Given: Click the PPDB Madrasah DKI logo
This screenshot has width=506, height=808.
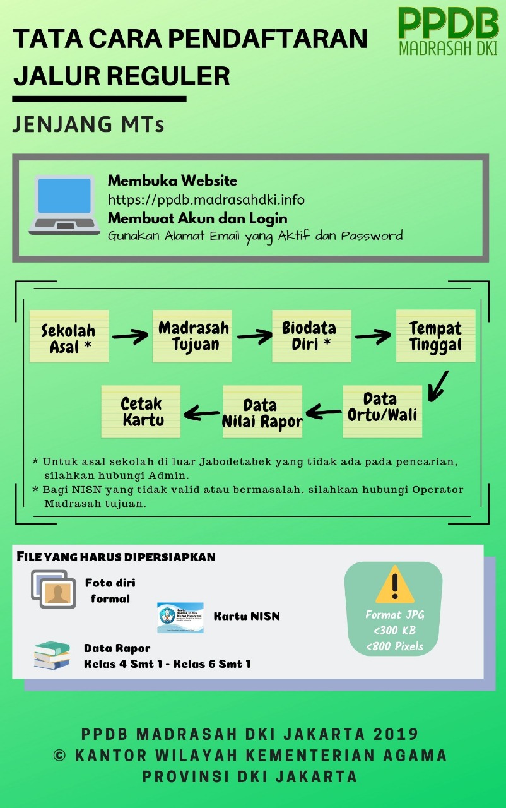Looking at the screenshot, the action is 448,32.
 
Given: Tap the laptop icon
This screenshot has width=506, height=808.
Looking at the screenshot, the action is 64,205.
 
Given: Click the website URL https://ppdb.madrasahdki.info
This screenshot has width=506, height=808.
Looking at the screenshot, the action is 206,199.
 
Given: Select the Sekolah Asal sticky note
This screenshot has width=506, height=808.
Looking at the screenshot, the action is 69,336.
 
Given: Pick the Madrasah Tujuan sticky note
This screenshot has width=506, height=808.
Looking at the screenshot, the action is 192,336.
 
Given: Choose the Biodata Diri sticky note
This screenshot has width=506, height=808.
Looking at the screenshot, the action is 312,336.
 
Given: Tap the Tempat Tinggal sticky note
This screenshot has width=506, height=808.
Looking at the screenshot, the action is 435,336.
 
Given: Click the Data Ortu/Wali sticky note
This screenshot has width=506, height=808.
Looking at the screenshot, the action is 382,412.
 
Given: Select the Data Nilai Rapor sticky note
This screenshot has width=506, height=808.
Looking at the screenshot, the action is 262,412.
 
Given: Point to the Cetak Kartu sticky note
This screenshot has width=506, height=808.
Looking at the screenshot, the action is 141,412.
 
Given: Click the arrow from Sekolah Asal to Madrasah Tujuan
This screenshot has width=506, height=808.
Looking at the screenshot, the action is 131,336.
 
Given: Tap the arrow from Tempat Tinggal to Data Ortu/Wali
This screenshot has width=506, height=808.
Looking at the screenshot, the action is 437,386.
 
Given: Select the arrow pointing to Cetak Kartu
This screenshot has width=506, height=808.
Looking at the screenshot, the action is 201,413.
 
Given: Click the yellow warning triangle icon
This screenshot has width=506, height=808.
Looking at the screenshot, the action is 394,586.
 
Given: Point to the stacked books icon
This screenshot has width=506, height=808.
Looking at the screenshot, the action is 52,655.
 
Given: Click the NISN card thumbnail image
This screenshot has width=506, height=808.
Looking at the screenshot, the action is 180,617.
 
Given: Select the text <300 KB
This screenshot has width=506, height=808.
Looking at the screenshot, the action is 394,630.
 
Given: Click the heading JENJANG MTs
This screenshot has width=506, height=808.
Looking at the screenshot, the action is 88,124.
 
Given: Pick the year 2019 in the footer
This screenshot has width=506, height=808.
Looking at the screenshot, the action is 396,734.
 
